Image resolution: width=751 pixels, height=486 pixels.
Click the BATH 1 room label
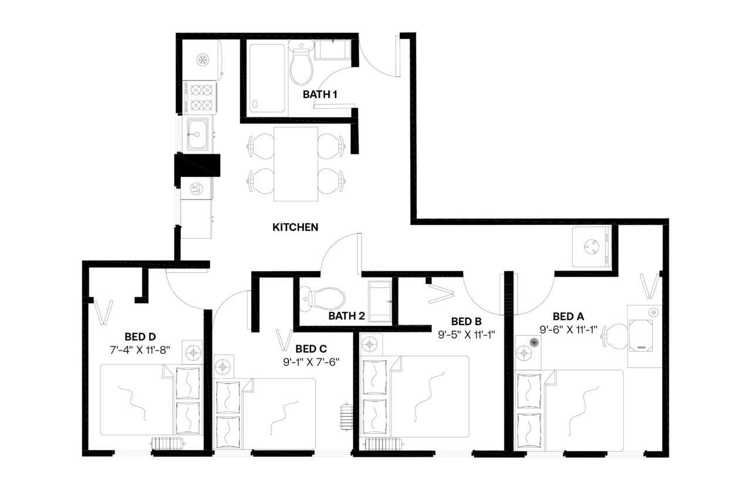click(x=320, y=94)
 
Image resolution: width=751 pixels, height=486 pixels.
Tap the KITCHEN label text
click(x=295, y=227)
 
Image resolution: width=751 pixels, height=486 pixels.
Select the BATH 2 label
click(x=346, y=316)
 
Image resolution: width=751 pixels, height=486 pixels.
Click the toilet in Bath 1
click(x=302, y=63)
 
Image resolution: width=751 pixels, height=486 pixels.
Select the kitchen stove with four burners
click(x=200, y=97)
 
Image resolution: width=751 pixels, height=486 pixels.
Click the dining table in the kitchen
click(x=296, y=163)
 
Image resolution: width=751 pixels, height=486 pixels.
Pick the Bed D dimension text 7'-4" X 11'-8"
click(x=140, y=349)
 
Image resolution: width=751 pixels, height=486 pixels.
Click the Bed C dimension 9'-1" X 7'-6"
click(x=311, y=362)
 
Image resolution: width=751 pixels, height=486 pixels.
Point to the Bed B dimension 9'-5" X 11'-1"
click(x=466, y=335)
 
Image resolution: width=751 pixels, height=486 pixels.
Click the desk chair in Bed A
click(x=615, y=336)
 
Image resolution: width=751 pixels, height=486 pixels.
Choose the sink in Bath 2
click(x=381, y=302)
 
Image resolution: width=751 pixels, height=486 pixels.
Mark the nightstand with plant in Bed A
click(x=527, y=352)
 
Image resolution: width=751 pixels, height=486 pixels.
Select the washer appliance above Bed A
click(x=592, y=246)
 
